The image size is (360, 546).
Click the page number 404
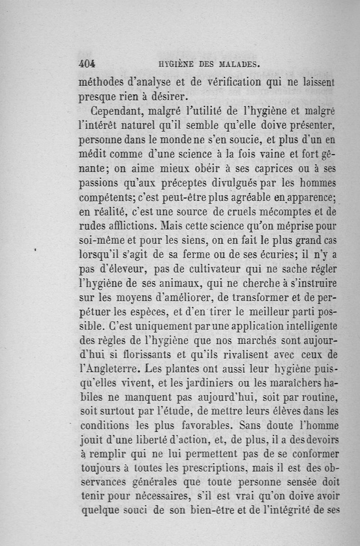[88, 63]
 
